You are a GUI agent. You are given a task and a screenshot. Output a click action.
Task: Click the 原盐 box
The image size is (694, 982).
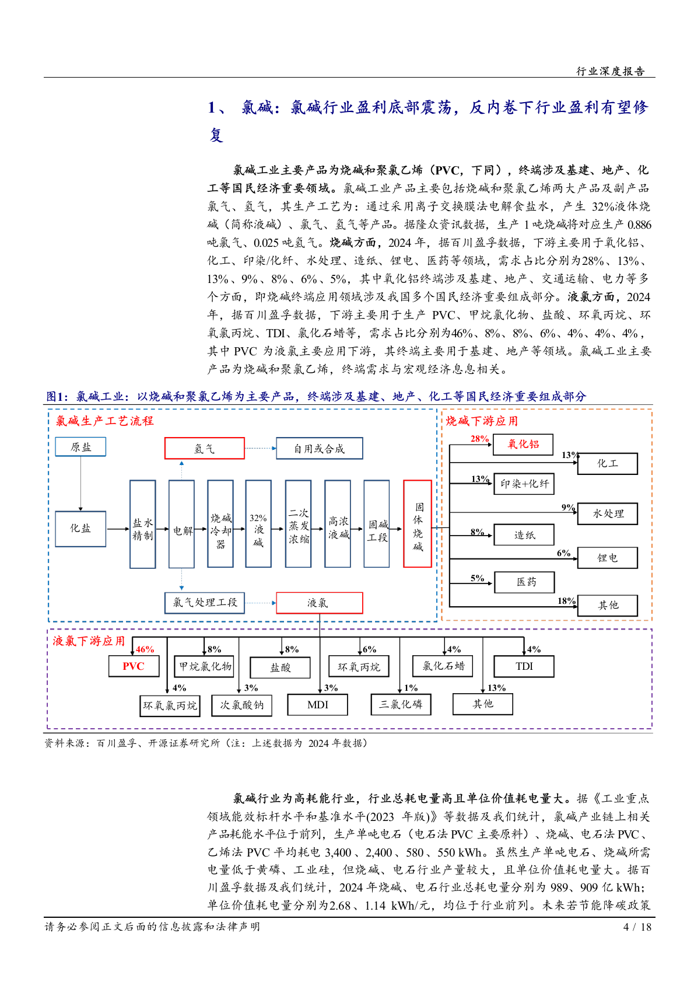click(x=80, y=448)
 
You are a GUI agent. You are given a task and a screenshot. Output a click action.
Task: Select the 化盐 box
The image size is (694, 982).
click(x=80, y=529)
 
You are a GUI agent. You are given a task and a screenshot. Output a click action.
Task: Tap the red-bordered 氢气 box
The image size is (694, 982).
click(x=204, y=449)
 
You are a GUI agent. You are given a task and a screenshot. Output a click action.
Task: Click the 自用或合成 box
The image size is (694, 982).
click(x=319, y=449)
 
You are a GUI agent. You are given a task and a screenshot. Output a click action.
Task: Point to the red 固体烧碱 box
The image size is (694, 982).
click(x=418, y=524)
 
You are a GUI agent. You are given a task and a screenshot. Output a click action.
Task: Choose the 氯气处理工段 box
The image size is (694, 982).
click(x=205, y=603)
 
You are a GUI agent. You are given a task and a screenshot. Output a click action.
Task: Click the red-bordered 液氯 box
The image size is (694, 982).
click(x=319, y=603)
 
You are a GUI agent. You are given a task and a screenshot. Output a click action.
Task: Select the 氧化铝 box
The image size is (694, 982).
click(x=523, y=445)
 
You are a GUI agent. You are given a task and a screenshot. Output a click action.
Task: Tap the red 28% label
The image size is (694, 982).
click(x=479, y=439)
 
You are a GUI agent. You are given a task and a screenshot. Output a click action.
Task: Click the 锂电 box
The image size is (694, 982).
click(x=607, y=558)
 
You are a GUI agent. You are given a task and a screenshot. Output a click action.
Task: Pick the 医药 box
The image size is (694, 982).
click(x=524, y=582)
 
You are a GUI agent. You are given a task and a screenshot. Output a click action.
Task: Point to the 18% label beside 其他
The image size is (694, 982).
click(x=566, y=601)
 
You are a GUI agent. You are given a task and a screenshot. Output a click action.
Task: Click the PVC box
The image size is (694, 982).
click(x=134, y=666)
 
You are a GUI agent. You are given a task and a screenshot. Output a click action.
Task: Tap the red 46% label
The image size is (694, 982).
click(x=145, y=649)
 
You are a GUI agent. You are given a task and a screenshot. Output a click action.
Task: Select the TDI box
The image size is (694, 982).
click(x=524, y=666)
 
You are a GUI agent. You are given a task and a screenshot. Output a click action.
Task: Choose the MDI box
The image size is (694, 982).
click(x=317, y=705)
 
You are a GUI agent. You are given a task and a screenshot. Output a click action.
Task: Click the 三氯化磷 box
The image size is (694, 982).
click(x=401, y=705)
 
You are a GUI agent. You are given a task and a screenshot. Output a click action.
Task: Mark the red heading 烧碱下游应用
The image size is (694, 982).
click(x=482, y=421)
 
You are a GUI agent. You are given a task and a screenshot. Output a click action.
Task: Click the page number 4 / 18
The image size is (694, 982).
click(x=637, y=927)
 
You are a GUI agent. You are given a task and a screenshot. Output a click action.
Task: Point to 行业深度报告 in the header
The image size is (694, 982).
click(x=610, y=71)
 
